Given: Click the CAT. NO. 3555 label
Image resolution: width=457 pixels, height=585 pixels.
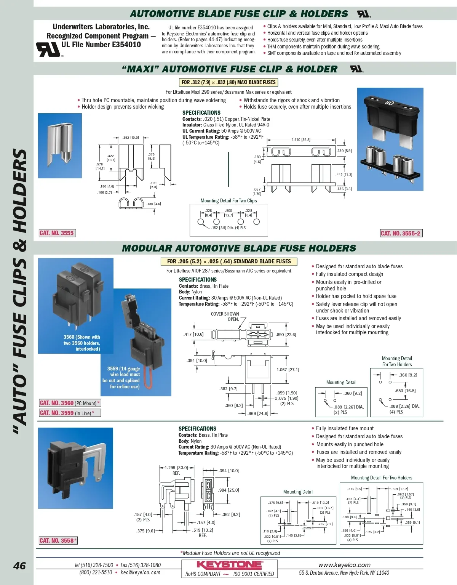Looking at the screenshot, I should coord(57,233).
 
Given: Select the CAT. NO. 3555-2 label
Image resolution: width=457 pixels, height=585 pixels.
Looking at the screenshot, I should coord(401,233).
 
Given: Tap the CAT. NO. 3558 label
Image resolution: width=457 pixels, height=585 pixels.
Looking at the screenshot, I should coord(58,540).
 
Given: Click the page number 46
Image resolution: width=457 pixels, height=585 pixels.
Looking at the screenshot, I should coord(19,566).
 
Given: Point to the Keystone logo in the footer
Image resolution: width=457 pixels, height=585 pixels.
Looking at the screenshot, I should coord(229,565).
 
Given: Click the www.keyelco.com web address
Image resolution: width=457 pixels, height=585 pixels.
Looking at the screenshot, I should coord(344,565).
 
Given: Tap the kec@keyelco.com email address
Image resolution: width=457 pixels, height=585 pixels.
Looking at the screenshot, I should coord(140,572).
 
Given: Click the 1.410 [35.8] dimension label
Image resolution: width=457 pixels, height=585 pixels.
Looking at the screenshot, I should coord(301,140).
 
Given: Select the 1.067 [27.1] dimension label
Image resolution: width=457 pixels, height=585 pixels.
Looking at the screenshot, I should coord(288,370).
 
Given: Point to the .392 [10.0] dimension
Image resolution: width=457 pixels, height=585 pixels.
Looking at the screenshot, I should coord(131,138).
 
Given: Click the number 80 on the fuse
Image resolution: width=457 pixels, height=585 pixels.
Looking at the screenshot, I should coord(389,103).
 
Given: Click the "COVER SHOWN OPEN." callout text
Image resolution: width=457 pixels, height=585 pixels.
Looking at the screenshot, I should coord(225,317).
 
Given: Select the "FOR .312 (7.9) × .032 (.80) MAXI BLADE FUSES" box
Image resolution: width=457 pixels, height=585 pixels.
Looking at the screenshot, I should coord(228,82).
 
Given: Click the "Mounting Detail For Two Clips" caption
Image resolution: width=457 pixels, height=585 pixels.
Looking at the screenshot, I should coord(228,201).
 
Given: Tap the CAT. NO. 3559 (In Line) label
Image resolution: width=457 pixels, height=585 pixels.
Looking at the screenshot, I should coord(70,413).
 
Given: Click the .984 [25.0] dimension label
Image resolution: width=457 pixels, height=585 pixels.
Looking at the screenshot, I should coord(229,490).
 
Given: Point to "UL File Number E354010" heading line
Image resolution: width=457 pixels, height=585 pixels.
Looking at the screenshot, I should coord(101,45).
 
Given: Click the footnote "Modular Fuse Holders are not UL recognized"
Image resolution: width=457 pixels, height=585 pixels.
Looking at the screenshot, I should coord(231,553).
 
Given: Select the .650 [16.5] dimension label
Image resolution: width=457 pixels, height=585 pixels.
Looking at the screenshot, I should coord(405,391).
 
